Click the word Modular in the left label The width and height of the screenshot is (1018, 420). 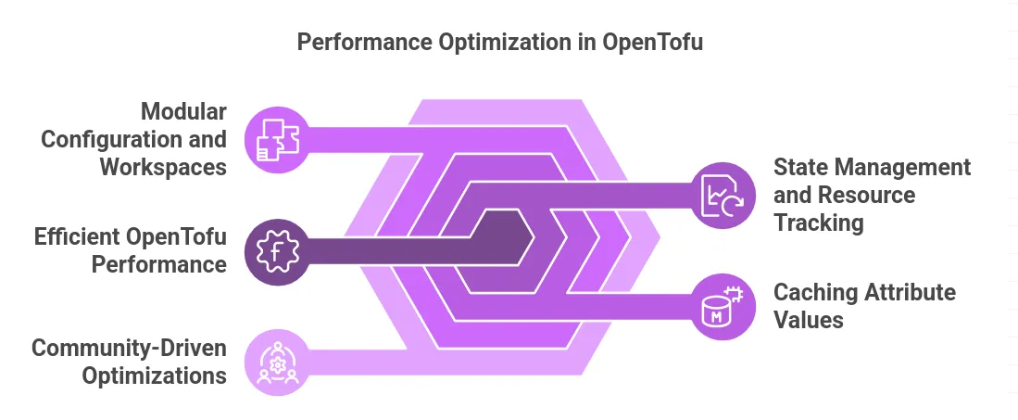click(x=183, y=113)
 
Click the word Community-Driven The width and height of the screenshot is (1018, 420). click(x=129, y=349)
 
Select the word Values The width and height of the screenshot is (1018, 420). click(x=809, y=320)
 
